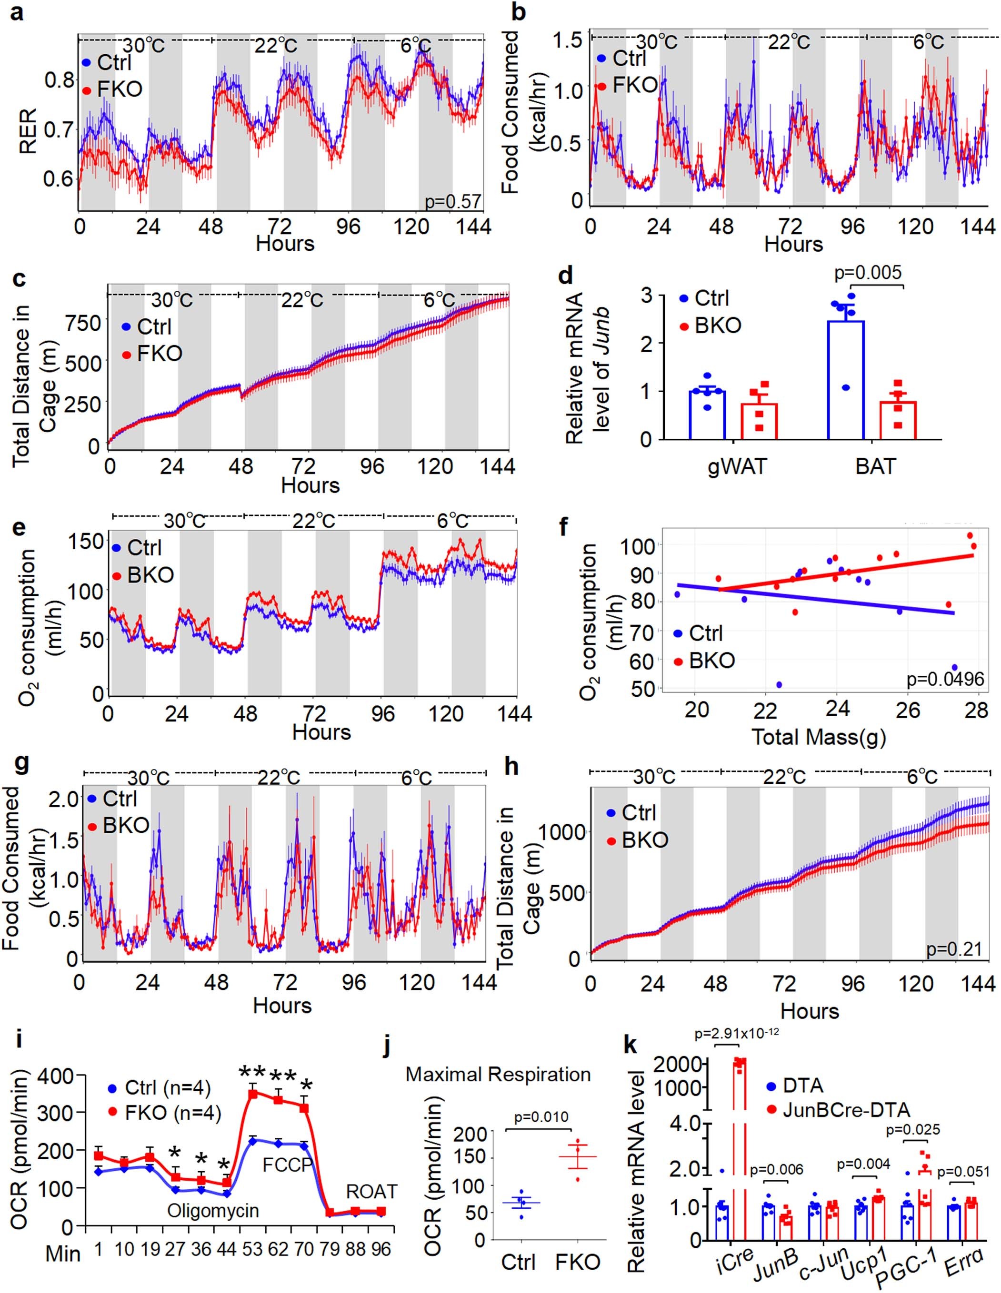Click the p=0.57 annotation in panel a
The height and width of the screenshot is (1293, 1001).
(453, 201)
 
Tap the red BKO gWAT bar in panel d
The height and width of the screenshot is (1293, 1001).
(760, 420)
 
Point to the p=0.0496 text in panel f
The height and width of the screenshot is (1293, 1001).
(945, 679)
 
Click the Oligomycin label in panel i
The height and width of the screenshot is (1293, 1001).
(213, 1210)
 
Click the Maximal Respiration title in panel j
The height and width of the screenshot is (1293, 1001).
(498, 1074)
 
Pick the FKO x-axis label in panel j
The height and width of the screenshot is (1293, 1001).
(578, 1262)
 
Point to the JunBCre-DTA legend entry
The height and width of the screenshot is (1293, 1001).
(846, 1109)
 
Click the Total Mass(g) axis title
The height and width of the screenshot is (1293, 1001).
(819, 737)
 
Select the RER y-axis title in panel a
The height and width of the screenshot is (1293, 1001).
(28, 130)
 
